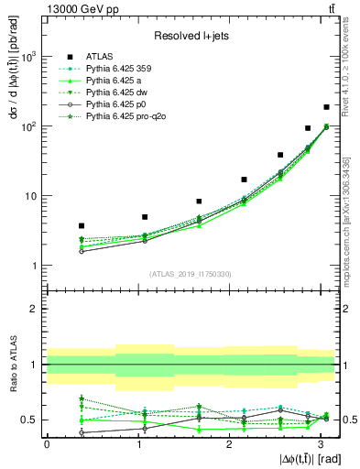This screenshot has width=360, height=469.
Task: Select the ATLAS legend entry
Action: click(100, 55)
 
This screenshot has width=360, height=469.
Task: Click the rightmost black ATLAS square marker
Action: click(326, 107)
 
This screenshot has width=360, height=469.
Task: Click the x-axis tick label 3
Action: click(321, 443)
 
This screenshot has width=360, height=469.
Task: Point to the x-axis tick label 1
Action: click(138, 443)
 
